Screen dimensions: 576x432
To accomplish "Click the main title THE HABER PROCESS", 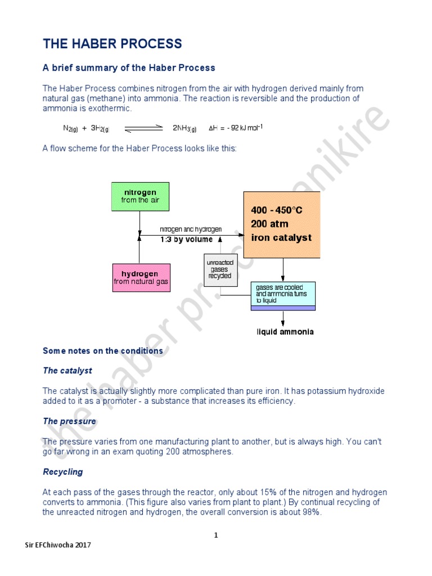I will pos(112,44).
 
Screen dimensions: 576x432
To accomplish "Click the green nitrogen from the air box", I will pos(139,196).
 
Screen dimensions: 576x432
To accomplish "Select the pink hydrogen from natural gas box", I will pos(141,278).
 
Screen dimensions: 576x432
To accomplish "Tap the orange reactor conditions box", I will pos(281,224).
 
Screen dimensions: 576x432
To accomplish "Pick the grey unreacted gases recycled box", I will pos(219,269).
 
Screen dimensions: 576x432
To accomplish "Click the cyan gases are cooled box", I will pos(283,294).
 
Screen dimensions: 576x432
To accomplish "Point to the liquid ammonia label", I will pos(285,332).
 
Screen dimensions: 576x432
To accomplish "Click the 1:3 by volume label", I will pos(186,239).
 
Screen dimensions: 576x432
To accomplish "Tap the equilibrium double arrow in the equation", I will pos(143,128).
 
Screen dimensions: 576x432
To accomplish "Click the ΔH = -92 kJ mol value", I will pos(236,128).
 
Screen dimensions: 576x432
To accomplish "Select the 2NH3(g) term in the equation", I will pos(184,128).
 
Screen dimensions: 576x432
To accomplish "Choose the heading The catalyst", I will pos(67,371).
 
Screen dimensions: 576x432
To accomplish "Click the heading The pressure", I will pos(70,421).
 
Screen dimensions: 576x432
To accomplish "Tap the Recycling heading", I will pos(63,472).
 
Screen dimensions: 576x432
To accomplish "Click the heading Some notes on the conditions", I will pos(103,351).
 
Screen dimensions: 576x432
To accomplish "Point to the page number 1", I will pos(215,535).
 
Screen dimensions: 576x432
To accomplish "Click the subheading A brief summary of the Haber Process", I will pos(129,68).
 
